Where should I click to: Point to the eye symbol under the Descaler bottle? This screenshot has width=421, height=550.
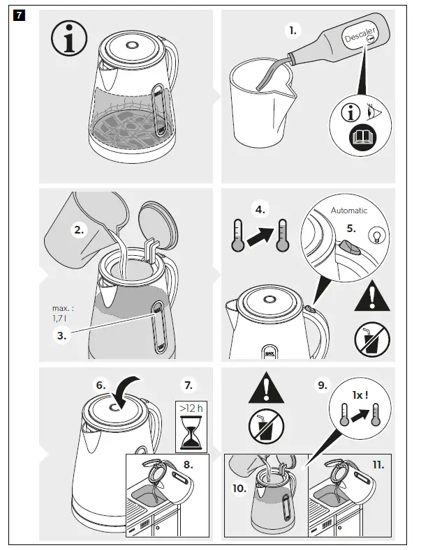pos(374,109)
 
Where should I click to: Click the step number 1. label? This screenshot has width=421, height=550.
pos(293,30)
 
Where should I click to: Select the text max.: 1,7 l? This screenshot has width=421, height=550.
pos(63,312)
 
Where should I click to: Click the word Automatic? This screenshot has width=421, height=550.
pos(348,210)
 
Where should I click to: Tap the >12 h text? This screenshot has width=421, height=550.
pos(190,409)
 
